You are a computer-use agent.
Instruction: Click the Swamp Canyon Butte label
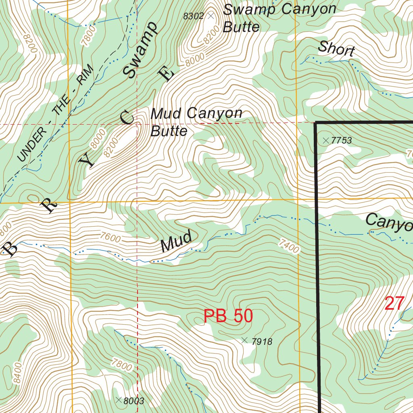click(x=279, y=18)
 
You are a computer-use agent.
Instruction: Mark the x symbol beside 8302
click(x=211, y=16)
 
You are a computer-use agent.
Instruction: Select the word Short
click(x=336, y=49)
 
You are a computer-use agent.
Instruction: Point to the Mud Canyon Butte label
click(x=196, y=122)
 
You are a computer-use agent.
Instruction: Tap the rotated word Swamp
click(x=140, y=50)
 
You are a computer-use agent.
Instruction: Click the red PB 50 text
click(x=228, y=316)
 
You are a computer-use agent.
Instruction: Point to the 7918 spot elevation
click(x=262, y=342)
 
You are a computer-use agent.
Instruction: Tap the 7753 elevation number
click(x=341, y=141)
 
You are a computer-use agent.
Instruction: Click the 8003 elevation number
click(x=134, y=401)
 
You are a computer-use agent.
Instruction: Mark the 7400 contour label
click(x=289, y=246)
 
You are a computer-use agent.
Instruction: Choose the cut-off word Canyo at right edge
click(x=389, y=223)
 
